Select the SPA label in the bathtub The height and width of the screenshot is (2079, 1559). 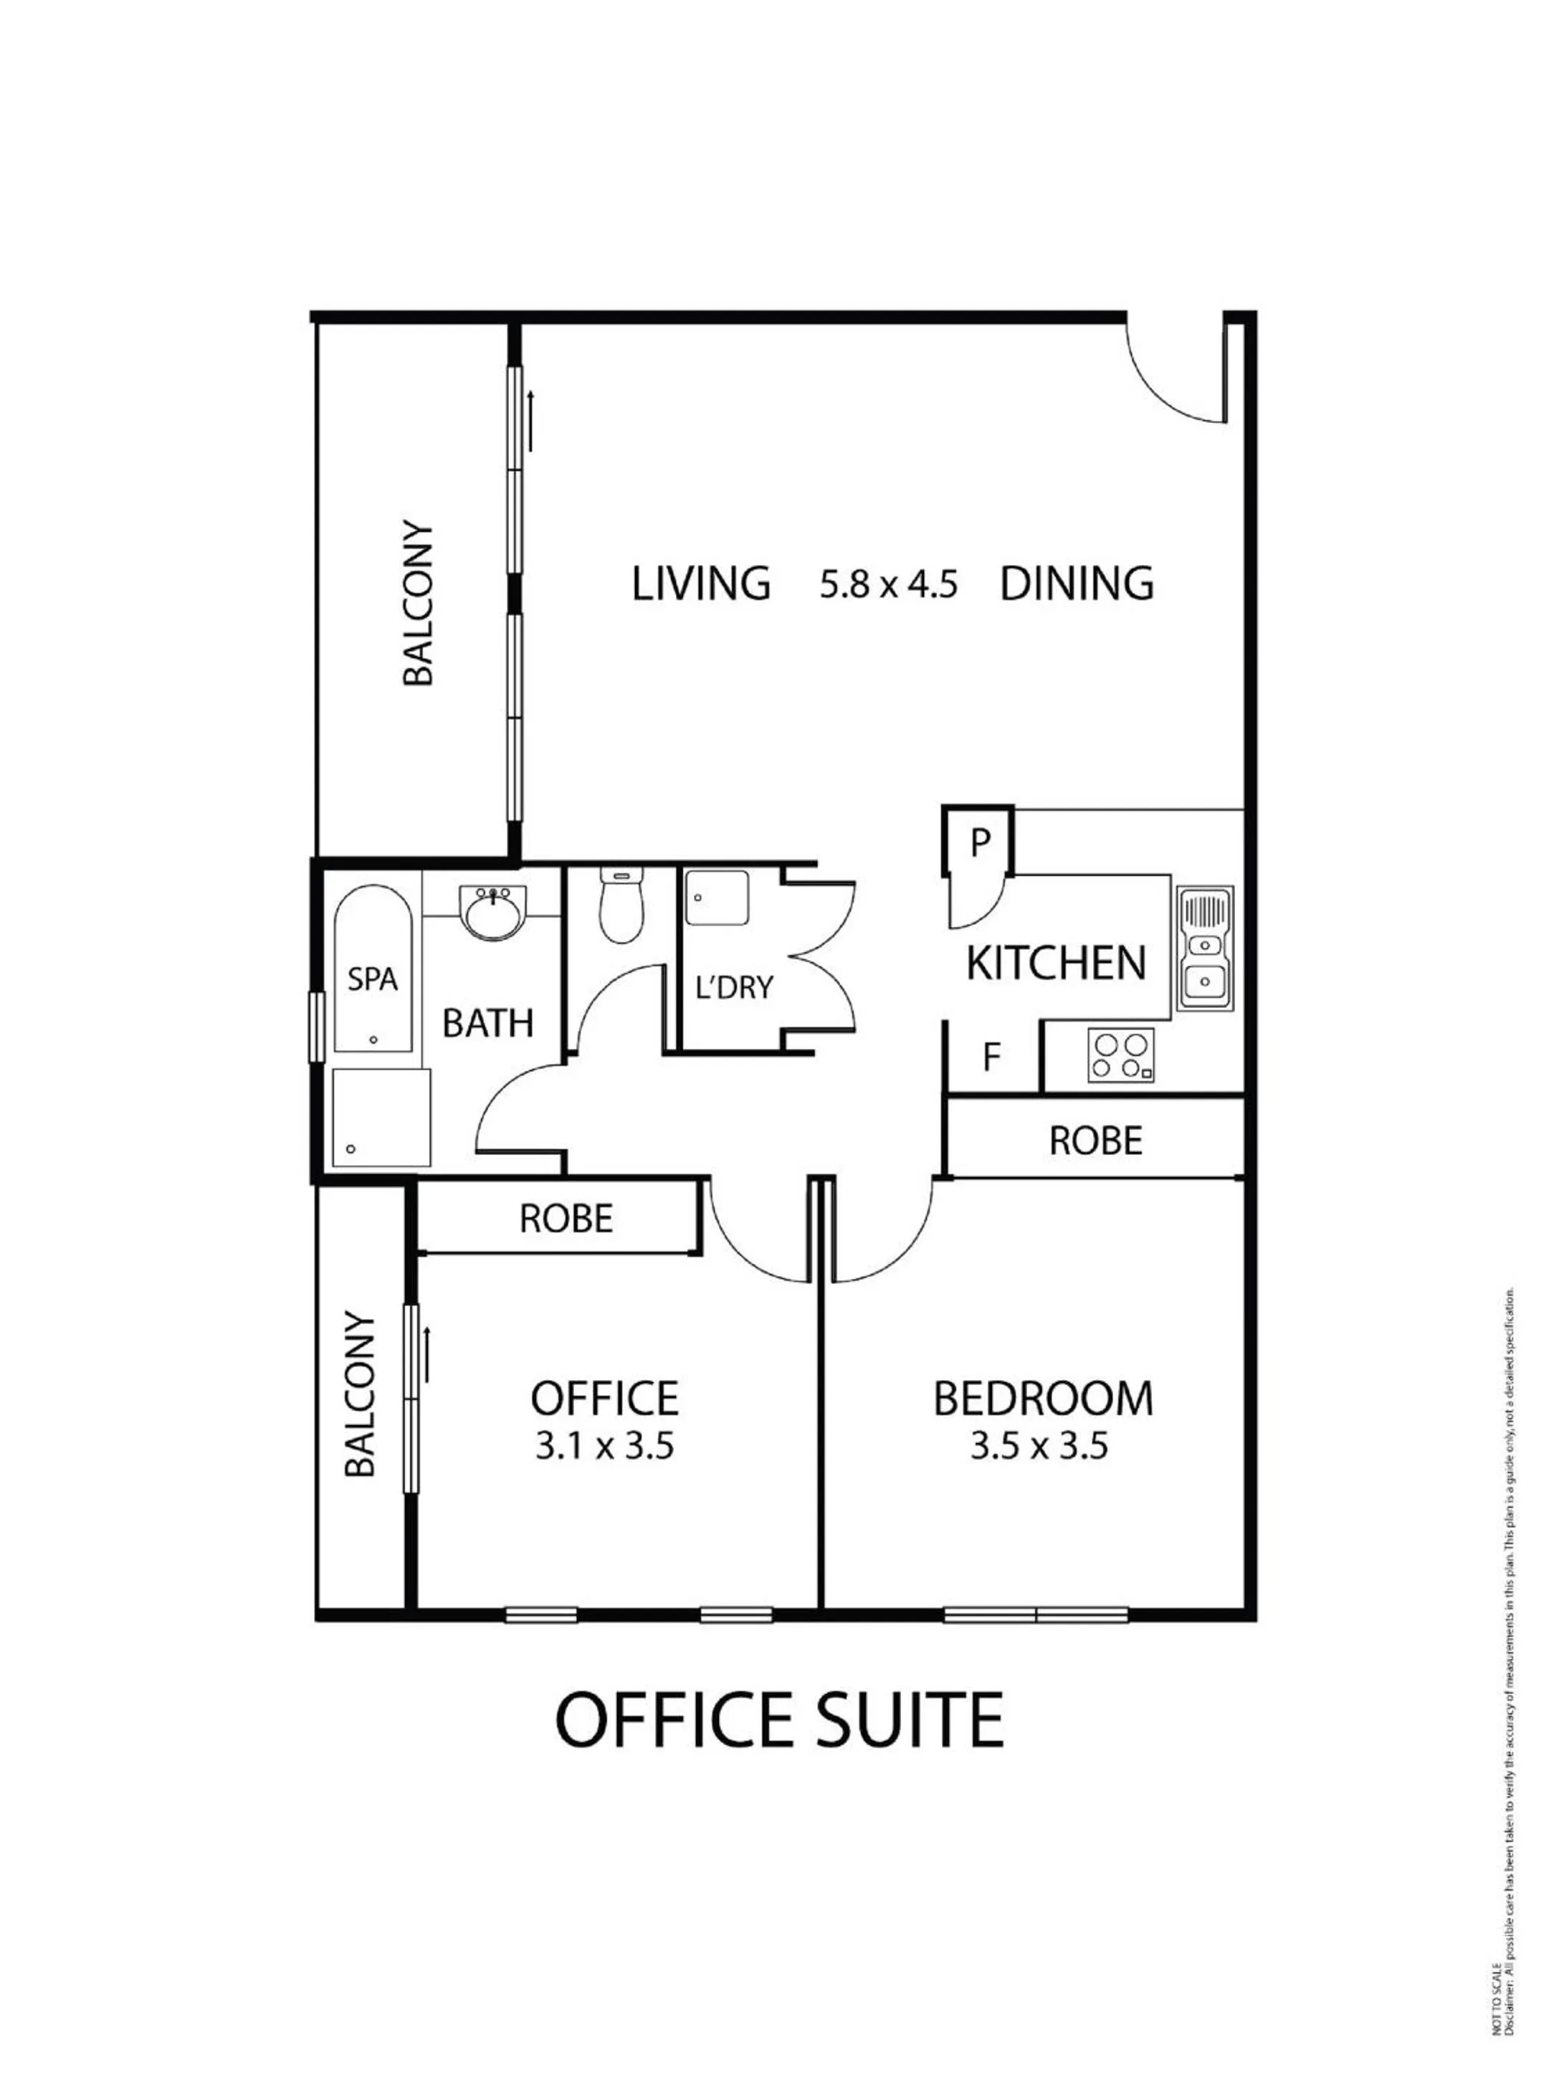point(372,979)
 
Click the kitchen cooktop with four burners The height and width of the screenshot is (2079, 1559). point(1121,1055)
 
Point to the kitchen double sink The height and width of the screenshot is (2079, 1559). point(1203,949)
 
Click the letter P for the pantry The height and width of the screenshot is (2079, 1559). point(980,842)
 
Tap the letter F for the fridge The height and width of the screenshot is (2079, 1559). point(991,1057)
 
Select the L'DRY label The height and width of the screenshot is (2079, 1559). point(734,987)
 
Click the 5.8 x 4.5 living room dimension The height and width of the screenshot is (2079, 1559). point(888,584)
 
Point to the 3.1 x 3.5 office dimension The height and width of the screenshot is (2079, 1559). point(604,1447)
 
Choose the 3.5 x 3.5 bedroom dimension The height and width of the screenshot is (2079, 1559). point(1039,1447)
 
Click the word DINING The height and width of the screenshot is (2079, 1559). point(1077,584)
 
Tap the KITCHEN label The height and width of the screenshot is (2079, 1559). point(1057,964)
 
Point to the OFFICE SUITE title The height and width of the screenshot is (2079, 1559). point(779,1719)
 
